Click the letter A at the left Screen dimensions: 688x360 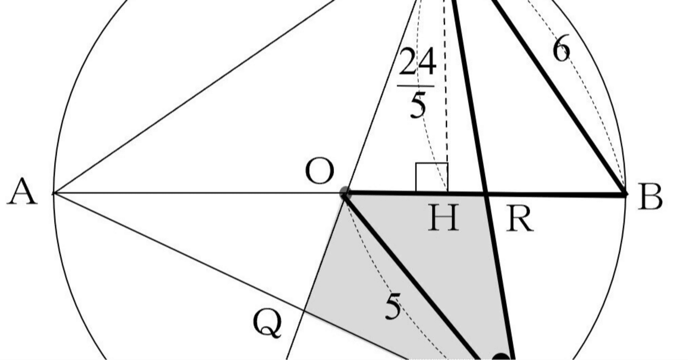pos(22,192)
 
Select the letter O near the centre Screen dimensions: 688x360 pos(320,172)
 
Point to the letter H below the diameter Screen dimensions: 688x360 pos(443,218)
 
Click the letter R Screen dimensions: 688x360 pos(520,219)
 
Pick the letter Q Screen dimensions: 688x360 pos(267,324)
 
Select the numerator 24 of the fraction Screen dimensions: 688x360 pos(417,63)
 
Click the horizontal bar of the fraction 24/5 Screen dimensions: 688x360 pos(417,85)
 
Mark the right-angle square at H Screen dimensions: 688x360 pos(432,177)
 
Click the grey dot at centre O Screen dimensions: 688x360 pos(345,193)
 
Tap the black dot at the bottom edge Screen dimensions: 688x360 pos(501,357)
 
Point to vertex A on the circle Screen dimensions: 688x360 pos(54,193)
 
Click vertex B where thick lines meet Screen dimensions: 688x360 pos(625,193)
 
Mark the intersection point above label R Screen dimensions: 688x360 pos(487,193)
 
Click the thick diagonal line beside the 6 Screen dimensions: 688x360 pos(559,97)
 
